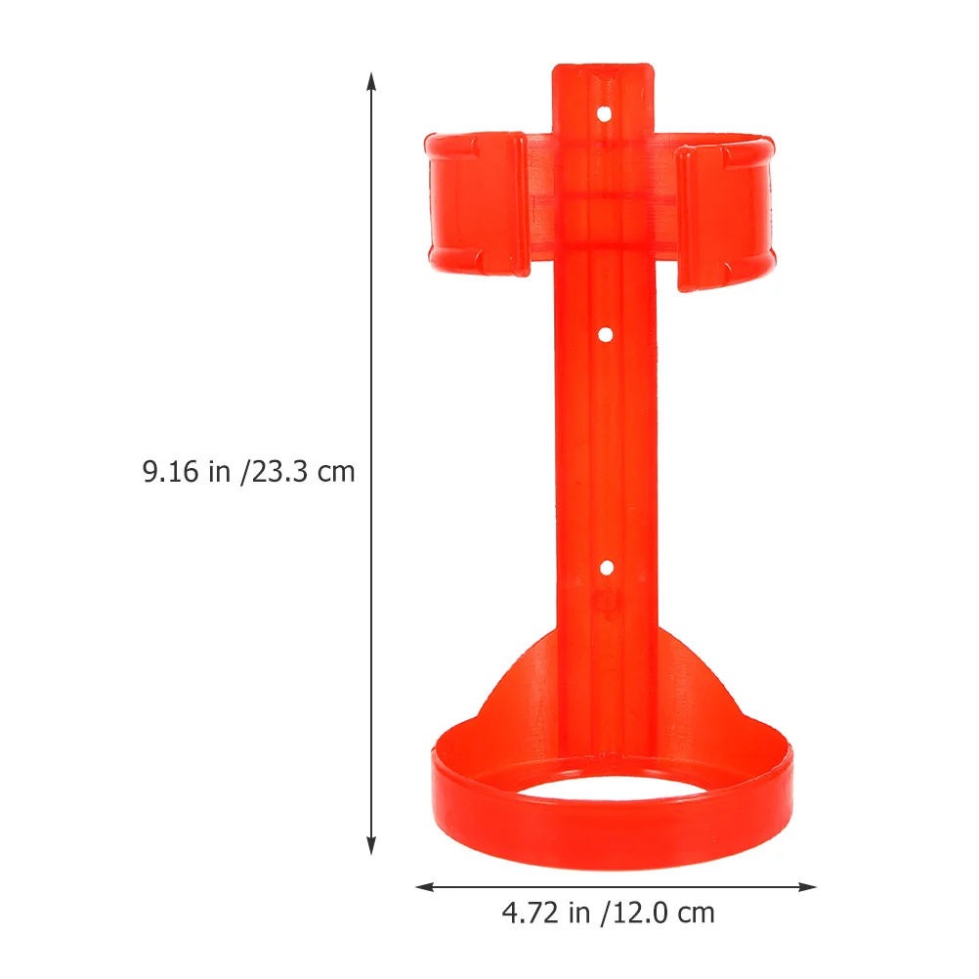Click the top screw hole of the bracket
(x=604, y=114)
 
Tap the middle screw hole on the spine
(x=605, y=335)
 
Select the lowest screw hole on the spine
(x=606, y=569)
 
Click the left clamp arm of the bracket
(x=477, y=203)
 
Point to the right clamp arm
(x=726, y=214)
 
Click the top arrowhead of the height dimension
(x=371, y=82)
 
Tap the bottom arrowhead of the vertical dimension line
(x=371, y=845)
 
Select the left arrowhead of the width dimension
(x=425, y=886)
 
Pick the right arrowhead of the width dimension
(x=807, y=886)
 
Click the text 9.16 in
(x=187, y=471)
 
